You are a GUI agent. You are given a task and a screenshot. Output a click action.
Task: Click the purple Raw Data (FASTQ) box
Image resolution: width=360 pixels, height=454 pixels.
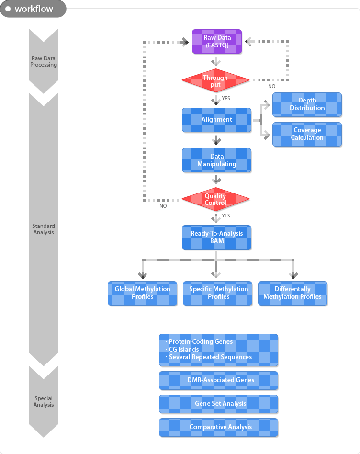click(217, 41)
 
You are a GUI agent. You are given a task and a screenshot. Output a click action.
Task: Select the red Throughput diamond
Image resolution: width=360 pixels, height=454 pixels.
click(215, 81)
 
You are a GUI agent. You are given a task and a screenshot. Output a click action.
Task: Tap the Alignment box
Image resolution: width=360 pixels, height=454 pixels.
click(216, 120)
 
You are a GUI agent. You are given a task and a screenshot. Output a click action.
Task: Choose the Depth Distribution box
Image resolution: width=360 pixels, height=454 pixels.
click(307, 104)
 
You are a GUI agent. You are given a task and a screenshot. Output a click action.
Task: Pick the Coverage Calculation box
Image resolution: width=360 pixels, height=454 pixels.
click(307, 134)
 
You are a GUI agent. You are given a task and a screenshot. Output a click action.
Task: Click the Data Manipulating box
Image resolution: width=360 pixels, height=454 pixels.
click(216, 160)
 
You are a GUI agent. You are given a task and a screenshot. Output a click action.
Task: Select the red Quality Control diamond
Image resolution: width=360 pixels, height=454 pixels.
click(215, 199)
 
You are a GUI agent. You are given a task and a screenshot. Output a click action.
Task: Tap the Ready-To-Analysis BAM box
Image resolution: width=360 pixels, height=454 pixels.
click(216, 237)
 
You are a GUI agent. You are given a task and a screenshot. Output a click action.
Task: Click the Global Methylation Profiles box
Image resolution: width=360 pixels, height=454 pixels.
click(142, 293)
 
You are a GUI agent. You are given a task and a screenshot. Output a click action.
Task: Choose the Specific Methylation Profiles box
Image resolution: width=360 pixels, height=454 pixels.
click(218, 293)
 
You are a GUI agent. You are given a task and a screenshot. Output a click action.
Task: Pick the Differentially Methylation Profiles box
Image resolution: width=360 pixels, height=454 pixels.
click(292, 293)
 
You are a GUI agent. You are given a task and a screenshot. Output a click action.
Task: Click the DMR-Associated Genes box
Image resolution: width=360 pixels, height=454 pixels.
click(218, 380)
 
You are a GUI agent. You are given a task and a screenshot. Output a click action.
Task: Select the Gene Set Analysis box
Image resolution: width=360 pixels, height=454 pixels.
click(218, 404)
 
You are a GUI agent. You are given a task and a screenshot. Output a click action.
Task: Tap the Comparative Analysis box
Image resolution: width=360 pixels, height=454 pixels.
click(218, 427)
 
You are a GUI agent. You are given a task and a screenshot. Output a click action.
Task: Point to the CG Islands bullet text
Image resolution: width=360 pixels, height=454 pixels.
click(184, 349)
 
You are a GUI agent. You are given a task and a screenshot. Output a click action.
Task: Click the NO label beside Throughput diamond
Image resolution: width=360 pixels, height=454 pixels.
click(272, 86)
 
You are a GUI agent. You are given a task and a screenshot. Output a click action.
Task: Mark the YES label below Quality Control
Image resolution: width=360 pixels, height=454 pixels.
click(226, 216)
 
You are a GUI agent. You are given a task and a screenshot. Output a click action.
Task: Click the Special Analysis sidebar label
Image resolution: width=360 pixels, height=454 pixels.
click(44, 401)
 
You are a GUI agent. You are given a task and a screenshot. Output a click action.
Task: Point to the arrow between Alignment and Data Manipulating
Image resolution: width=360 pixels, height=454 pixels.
click(216, 140)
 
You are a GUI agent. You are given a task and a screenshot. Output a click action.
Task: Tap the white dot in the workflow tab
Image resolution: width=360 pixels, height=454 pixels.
click(8, 9)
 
